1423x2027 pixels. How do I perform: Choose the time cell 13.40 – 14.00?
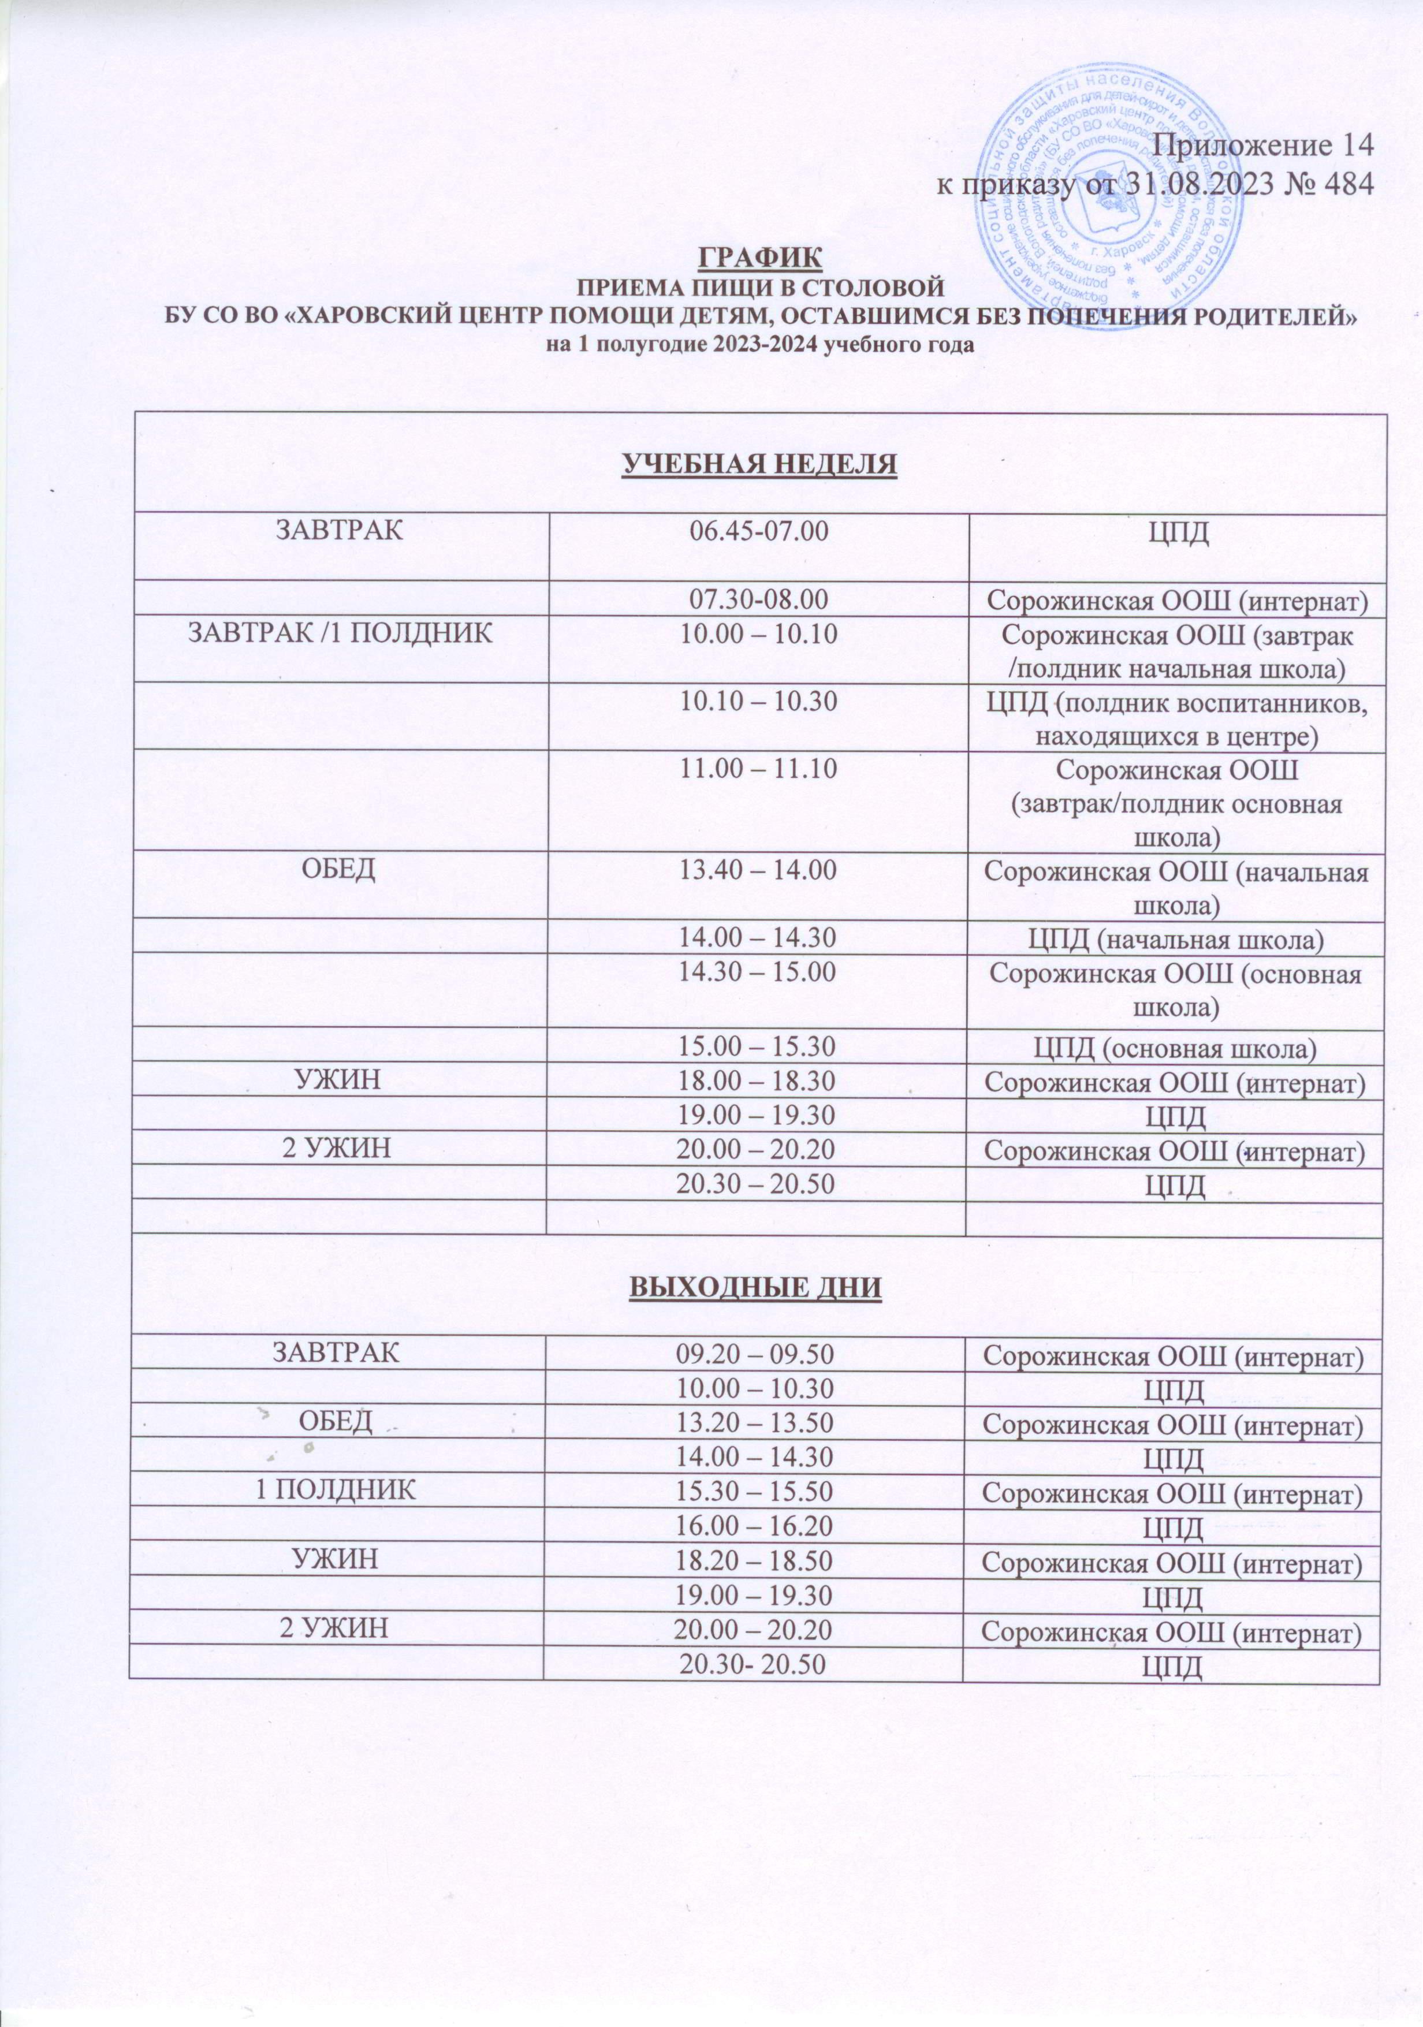click(757, 869)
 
